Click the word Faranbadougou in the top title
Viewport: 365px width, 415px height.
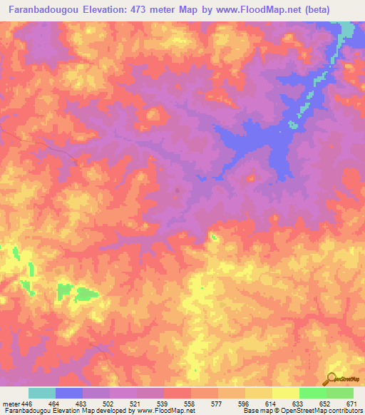43,10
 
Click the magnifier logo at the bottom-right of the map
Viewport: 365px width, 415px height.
331,379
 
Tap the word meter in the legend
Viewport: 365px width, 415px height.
11,404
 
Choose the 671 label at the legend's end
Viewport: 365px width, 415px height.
352,404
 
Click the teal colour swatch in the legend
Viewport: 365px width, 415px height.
42,393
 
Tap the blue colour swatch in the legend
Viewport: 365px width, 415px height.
69,393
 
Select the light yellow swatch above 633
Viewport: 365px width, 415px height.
286,393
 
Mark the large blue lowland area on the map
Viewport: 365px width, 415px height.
257,143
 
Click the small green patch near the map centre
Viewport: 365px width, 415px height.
213,236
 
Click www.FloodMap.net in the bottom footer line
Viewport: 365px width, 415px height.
167,411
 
